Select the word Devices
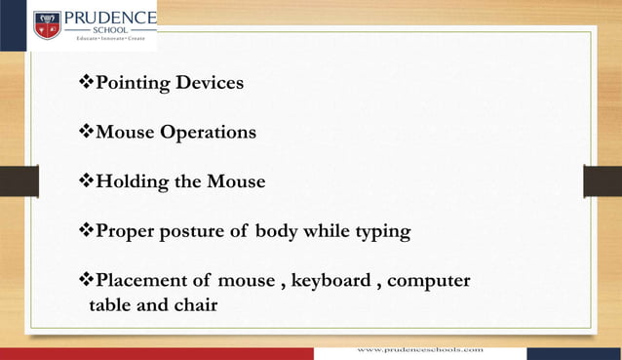click(x=210, y=83)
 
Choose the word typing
click(x=381, y=232)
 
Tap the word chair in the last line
click(x=195, y=305)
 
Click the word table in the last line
click(x=110, y=305)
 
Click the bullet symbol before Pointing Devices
click(x=85, y=83)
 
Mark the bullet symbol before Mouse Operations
click(x=85, y=133)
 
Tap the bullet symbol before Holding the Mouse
click(x=85, y=182)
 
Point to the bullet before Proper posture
click(x=85, y=232)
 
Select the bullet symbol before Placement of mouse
click(x=85, y=282)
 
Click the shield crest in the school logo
click(x=48, y=24)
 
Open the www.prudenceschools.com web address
click(x=420, y=348)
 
